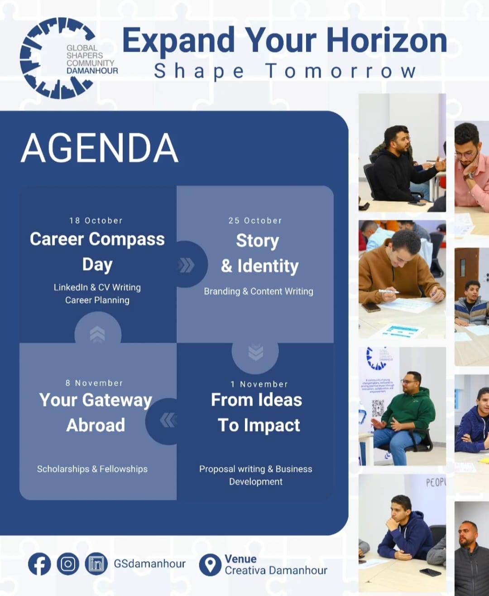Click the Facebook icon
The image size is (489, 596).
point(39,564)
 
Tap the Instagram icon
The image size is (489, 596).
point(68,564)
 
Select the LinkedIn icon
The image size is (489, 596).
point(96,564)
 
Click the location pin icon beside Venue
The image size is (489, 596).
point(210,565)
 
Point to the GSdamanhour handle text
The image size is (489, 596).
point(149,564)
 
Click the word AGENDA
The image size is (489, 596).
point(99,148)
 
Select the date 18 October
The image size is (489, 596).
point(96,220)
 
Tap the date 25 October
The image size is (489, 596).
point(255,220)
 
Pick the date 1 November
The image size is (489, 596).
point(259,384)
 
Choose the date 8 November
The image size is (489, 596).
point(94,383)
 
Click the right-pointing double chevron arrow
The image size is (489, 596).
point(187,265)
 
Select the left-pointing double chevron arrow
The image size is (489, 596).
point(168,420)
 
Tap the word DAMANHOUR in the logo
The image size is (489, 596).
point(92,71)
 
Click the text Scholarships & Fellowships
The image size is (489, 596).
point(92,469)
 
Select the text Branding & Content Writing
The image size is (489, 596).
point(259,291)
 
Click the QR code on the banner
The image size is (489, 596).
point(378,408)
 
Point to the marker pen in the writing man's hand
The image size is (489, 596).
point(388,291)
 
